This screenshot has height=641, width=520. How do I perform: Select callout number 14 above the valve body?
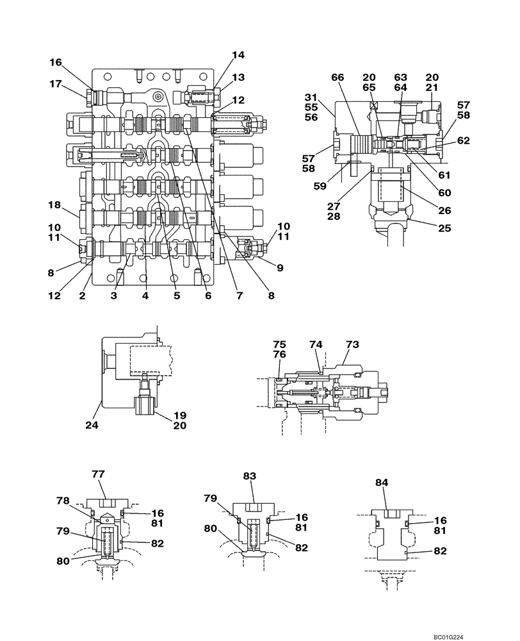click(238, 55)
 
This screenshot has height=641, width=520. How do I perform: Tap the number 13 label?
click(238, 78)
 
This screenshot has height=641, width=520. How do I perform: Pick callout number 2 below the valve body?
click(83, 296)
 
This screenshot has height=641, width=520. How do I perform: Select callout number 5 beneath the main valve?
click(177, 296)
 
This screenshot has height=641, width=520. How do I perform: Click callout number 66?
click(337, 77)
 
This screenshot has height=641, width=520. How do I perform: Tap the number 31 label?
click(312, 97)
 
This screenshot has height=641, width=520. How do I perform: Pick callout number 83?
click(249, 476)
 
